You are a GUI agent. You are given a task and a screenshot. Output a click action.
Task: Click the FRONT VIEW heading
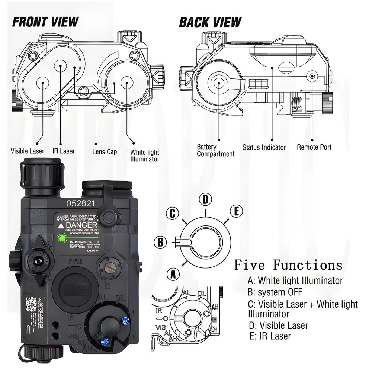(45, 22)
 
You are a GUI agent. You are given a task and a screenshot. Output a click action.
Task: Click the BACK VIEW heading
(210, 22)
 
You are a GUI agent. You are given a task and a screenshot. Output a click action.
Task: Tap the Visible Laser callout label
(27, 151)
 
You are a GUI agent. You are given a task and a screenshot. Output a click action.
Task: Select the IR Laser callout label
(63, 151)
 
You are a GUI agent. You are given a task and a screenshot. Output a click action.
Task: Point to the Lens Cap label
(105, 152)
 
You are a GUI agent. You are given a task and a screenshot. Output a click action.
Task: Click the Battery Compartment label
(215, 150)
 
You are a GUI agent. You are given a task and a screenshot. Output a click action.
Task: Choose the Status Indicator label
(264, 147)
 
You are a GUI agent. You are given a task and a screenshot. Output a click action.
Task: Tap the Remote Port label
(314, 147)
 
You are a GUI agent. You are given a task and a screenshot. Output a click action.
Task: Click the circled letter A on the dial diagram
(172, 275)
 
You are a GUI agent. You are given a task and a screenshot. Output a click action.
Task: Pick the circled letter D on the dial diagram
(205, 199)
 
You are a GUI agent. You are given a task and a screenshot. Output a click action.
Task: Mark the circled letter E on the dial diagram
(236, 211)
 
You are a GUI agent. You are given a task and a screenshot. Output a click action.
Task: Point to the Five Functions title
(288, 265)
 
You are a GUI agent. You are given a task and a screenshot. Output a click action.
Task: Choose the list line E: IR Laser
(270, 336)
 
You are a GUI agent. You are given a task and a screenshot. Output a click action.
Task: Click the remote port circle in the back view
(312, 76)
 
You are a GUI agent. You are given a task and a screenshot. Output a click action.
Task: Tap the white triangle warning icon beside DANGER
(61, 225)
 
